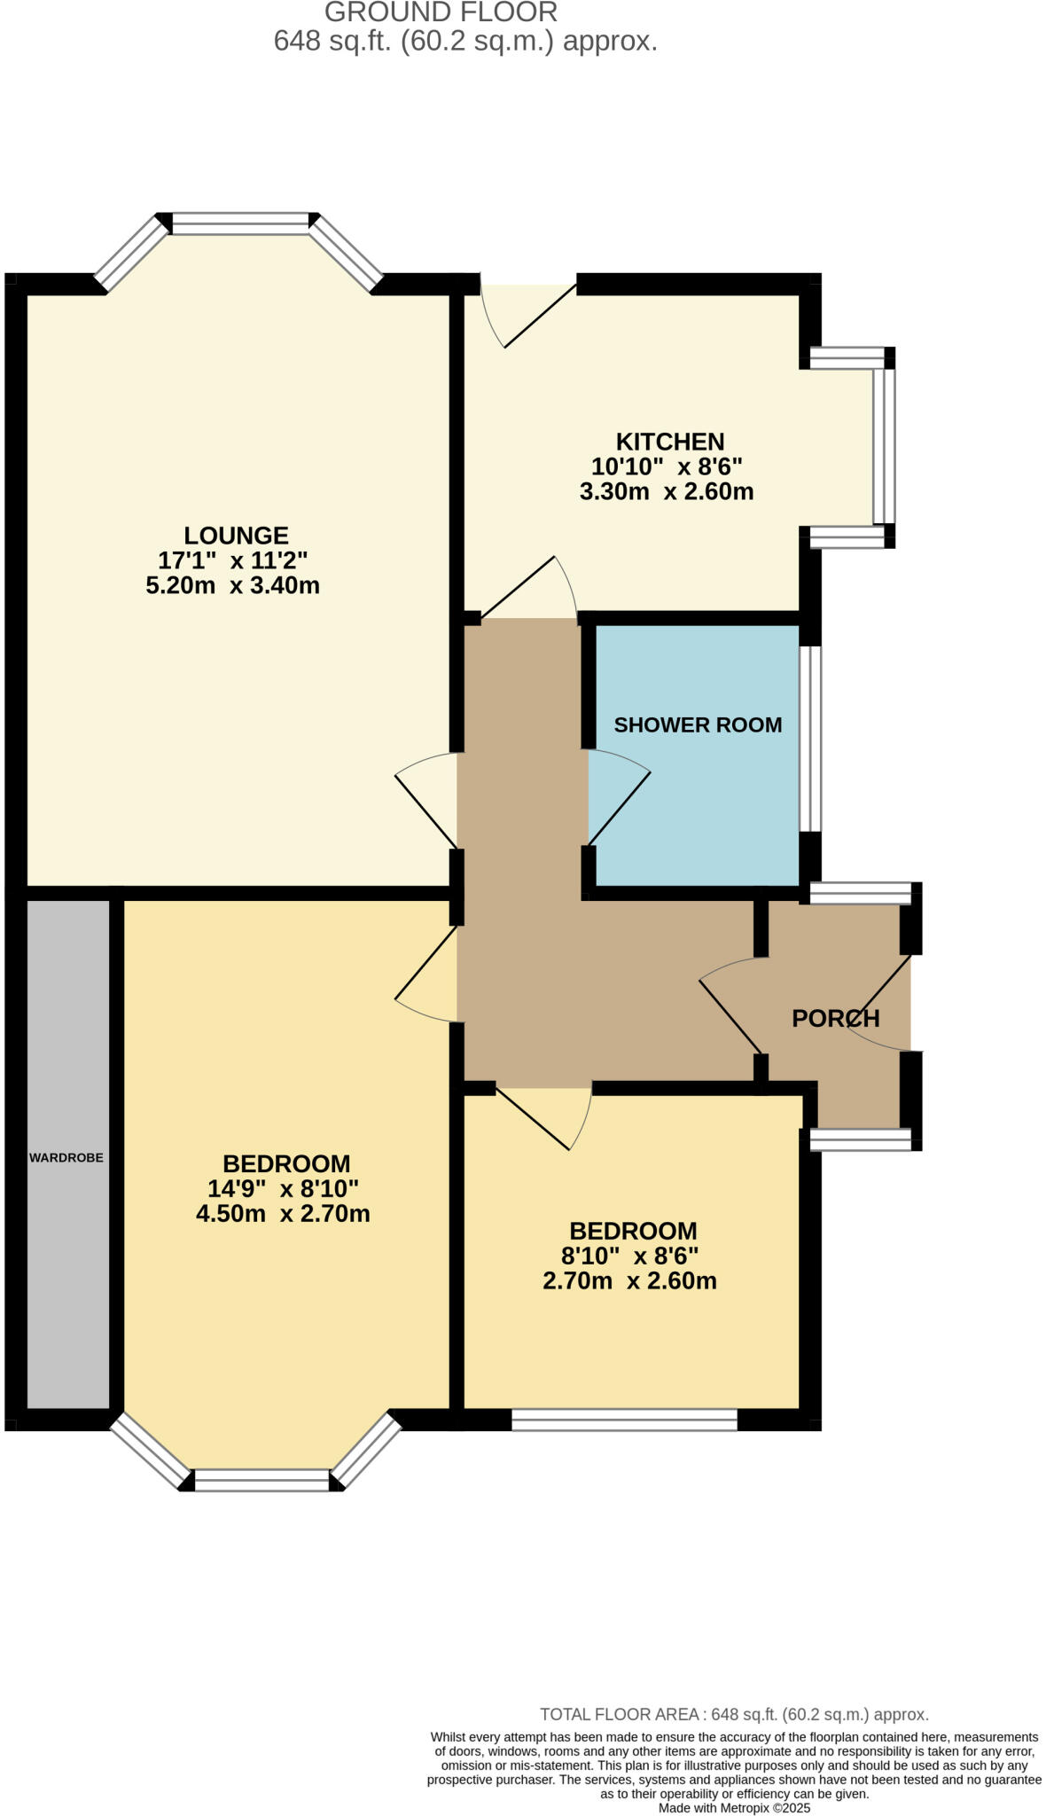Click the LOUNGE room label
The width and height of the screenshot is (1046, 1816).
pos(236,536)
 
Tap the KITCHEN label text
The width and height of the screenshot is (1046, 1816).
pos(670,442)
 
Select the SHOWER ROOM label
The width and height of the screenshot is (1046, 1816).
pos(698,725)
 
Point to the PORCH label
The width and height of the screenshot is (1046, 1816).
pos(835,1019)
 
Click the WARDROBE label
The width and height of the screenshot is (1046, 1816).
pos(66,1158)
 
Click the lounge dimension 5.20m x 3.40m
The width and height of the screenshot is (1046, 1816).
pos(232,586)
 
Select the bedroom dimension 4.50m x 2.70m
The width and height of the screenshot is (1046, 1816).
pos(283,1214)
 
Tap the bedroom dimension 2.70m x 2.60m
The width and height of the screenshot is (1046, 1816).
pos(629,1281)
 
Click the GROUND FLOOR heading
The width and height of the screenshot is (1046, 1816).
pos(441,12)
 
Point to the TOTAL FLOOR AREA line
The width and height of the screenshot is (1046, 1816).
pos(734,1715)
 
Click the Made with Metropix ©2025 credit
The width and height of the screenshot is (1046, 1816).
pos(734,1808)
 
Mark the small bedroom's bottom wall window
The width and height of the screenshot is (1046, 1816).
pos(624,1421)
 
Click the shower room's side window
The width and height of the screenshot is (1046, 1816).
pos(810,739)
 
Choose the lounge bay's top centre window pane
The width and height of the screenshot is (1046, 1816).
pos(239,223)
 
